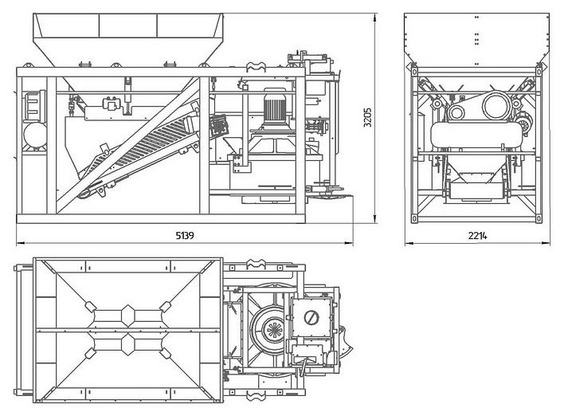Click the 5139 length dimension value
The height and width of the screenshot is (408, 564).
pyautogui.click(x=185, y=236)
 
